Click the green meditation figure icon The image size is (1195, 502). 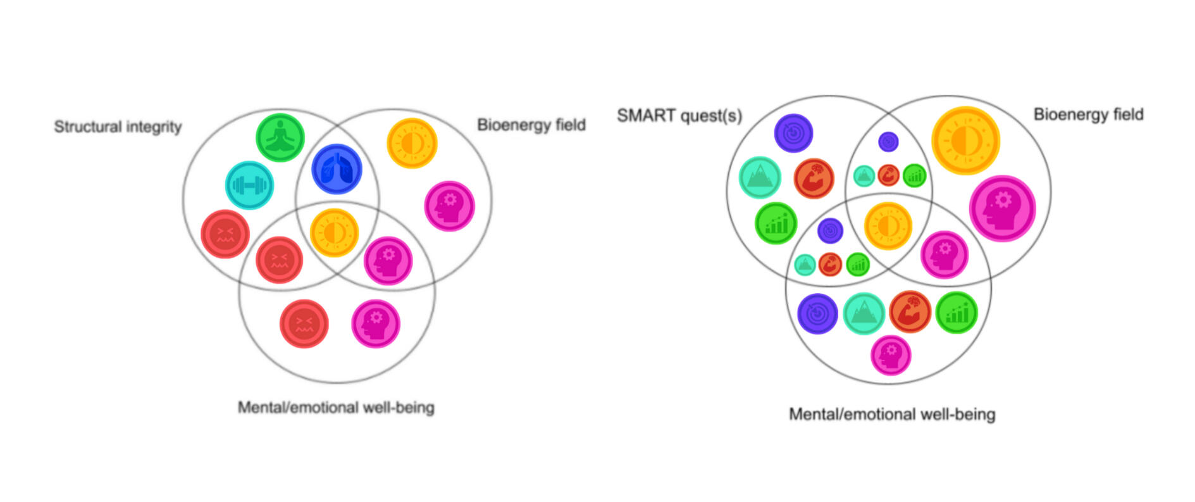(x=280, y=137)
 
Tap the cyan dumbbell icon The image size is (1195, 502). (x=249, y=185)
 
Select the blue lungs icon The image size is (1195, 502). (x=337, y=169)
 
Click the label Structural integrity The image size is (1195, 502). (x=118, y=127)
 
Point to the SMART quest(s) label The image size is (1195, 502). (x=679, y=116)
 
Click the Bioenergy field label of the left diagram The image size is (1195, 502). (x=531, y=125)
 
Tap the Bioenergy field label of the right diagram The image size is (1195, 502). (x=1088, y=115)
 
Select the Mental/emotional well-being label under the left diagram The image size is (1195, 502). (x=336, y=407)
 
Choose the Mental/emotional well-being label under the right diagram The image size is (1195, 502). (x=891, y=414)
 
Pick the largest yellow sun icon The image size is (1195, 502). (x=965, y=141)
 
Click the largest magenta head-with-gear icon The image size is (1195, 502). (x=1002, y=208)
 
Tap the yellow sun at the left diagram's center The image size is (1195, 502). (x=334, y=232)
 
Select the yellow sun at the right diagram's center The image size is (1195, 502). (x=888, y=226)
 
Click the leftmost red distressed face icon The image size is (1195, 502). (x=225, y=234)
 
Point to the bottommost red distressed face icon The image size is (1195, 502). (x=304, y=323)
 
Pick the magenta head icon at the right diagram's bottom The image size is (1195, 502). (x=890, y=355)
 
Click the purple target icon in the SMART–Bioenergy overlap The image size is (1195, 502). (x=888, y=142)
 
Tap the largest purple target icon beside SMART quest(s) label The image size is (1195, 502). (x=793, y=133)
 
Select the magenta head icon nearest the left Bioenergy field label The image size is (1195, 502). (x=449, y=206)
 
